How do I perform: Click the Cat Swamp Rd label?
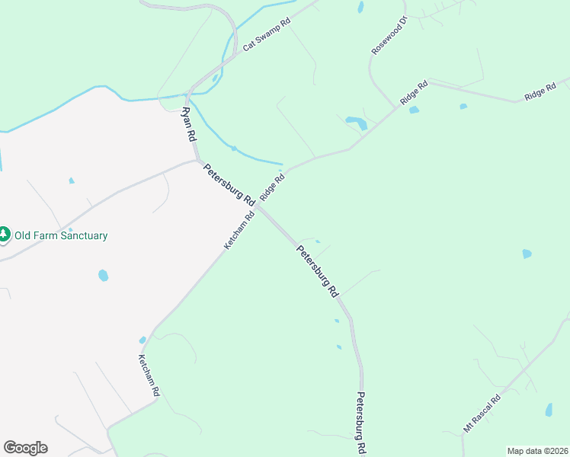click(x=267, y=35)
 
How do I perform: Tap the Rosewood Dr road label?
click(x=389, y=35)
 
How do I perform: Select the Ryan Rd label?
click(x=188, y=123)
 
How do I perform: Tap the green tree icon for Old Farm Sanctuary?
click(x=5, y=235)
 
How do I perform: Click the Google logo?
click(x=25, y=448)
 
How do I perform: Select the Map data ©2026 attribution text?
click(x=536, y=451)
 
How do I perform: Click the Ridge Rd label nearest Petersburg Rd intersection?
click(x=272, y=187)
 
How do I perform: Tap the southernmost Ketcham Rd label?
click(x=149, y=374)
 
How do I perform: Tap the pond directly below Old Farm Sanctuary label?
click(x=103, y=275)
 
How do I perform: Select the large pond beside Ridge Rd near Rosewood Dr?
click(x=356, y=121)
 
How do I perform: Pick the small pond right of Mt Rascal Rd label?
click(x=549, y=410)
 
